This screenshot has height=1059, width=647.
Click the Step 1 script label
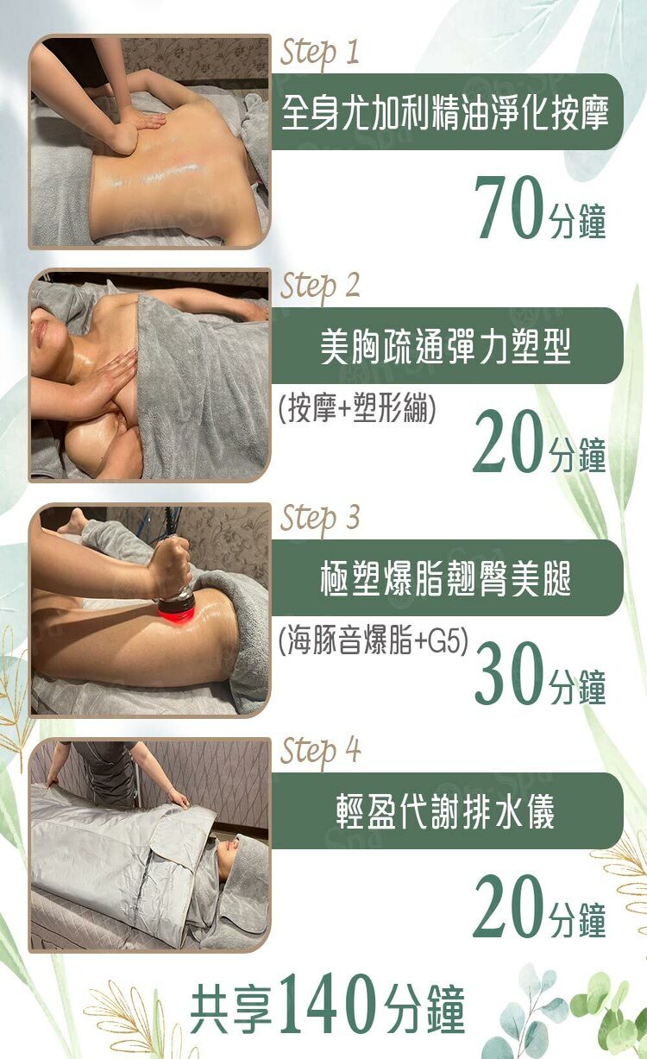point(319,54)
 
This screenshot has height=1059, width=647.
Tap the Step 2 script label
point(320,287)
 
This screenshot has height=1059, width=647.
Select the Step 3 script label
point(320,519)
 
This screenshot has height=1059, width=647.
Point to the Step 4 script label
point(320,752)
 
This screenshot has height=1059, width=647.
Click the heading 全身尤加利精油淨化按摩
point(444,112)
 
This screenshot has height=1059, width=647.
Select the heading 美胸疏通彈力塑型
point(445,346)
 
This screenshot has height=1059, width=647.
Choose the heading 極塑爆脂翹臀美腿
point(445,578)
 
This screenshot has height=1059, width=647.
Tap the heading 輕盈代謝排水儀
point(445,811)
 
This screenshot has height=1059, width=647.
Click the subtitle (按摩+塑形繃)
point(357,407)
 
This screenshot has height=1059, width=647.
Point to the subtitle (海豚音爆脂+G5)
point(374,640)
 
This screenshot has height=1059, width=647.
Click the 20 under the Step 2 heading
point(507,441)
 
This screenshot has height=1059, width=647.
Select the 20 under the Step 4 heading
point(507,906)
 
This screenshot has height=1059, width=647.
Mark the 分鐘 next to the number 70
point(577,220)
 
